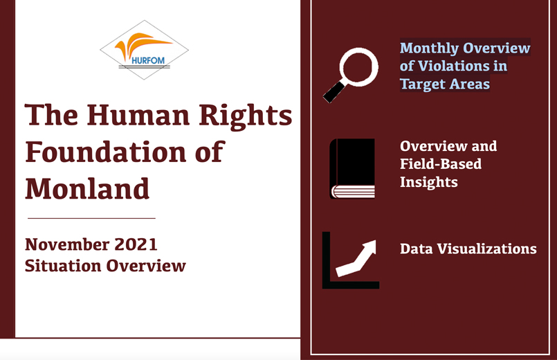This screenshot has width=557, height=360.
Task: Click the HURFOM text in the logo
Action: pyautogui.click(x=148, y=60)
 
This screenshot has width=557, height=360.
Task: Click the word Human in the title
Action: pyautogui.click(x=138, y=115)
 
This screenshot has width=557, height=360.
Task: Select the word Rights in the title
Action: pyautogui.click(x=245, y=116)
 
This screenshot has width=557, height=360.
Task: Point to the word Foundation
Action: pyautogui.click(x=106, y=152)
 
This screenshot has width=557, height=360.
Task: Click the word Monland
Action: pyautogui.click(x=87, y=189)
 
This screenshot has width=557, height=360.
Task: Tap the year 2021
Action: pyautogui.click(x=136, y=244)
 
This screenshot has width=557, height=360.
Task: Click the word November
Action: pyautogui.click(x=67, y=244)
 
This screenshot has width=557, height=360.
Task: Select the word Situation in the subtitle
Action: pyautogui.click(x=63, y=266)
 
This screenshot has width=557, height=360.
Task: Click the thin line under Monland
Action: pyautogui.click(x=91, y=218)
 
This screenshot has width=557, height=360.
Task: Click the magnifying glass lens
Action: pyautogui.click(x=359, y=67)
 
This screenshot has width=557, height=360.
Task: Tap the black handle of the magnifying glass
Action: pyautogui.click(x=334, y=92)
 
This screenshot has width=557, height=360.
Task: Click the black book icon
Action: pyautogui.click(x=352, y=168)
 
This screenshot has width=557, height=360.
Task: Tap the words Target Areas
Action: pyautogui.click(x=445, y=84)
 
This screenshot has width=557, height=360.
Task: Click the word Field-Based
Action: pyautogui.click(x=441, y=164)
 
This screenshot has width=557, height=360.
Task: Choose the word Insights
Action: pyautogui.click(x=429, y=182)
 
